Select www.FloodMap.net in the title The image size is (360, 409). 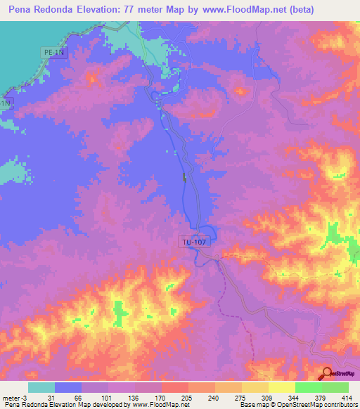pyautogui.click(x=237, y=10)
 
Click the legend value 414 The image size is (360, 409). pyautogui.click(x=346, y=398)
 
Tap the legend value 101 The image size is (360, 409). pyautogui.click(x=105, y=398)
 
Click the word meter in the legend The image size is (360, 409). pyautogui.click(x=13, y=398)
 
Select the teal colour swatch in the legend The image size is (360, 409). pyautogui.click(x=41, y=387)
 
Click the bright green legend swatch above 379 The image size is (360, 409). pyautogui.click(x=308, y=387)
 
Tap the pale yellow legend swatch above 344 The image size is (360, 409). pyautogui.click(x=281, y=387)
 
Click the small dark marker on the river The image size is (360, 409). pyautogui.click(x=185, y=177)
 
